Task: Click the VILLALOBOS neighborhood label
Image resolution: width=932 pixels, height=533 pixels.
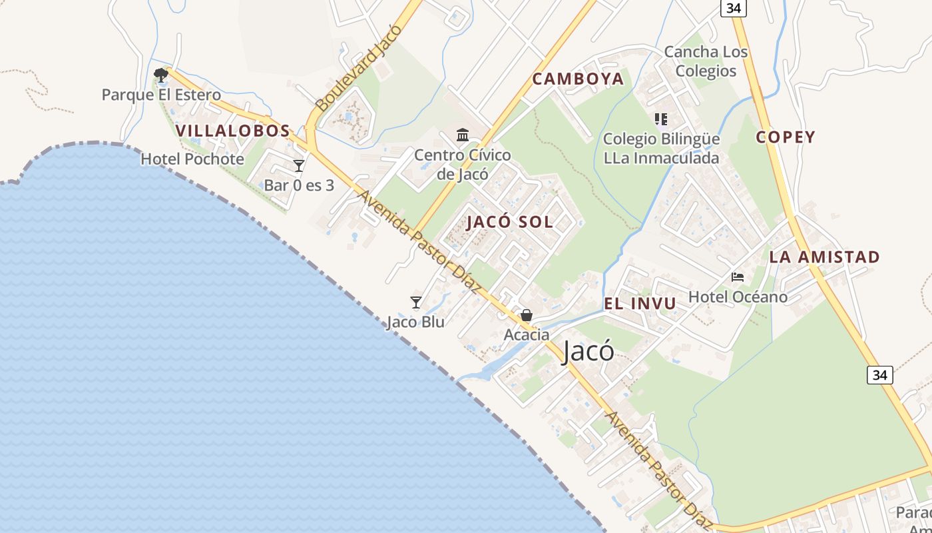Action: click(x=233, y=131)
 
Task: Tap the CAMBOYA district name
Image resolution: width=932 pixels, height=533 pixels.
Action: click(x=578, y=79)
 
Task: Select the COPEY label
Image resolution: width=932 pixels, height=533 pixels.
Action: click(x=786, y=137)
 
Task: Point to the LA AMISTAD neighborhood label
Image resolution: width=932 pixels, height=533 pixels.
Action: click(x=824, y=257)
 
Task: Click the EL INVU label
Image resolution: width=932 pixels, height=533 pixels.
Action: click(x=640, y=304)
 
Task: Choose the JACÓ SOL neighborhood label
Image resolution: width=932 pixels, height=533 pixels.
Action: click(x=509, y=222)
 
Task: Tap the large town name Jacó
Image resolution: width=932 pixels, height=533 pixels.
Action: click(x=588, y=351)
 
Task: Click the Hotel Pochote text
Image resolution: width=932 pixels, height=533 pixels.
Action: click(x=192, y=159)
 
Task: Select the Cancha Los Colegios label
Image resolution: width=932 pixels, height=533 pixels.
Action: click(x=706, y=61)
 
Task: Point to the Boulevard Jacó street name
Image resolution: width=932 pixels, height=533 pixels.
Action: click(x=359, y=68)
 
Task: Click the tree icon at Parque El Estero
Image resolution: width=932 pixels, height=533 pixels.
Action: click(x=160, y=75)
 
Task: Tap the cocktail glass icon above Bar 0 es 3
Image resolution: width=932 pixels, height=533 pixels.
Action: click(x=299, y=165)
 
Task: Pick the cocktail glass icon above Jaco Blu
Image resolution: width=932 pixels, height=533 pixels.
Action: click(x=416, y=302)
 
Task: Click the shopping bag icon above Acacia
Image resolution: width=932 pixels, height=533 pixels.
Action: click(x=527, y=314)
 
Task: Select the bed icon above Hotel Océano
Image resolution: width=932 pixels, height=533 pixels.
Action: click(x=737, y=276)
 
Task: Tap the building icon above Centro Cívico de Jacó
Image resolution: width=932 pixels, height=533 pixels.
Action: click(x=463, y=135)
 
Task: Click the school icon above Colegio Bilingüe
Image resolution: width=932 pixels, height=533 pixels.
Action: click(x=660, y=119)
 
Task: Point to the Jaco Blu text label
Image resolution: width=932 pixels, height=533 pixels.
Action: click(x=415, y=322)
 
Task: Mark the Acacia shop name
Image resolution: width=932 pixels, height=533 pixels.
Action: click(x=527, y=334)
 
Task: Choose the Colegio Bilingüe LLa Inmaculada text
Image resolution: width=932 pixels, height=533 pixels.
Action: click(x=661, y=149)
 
